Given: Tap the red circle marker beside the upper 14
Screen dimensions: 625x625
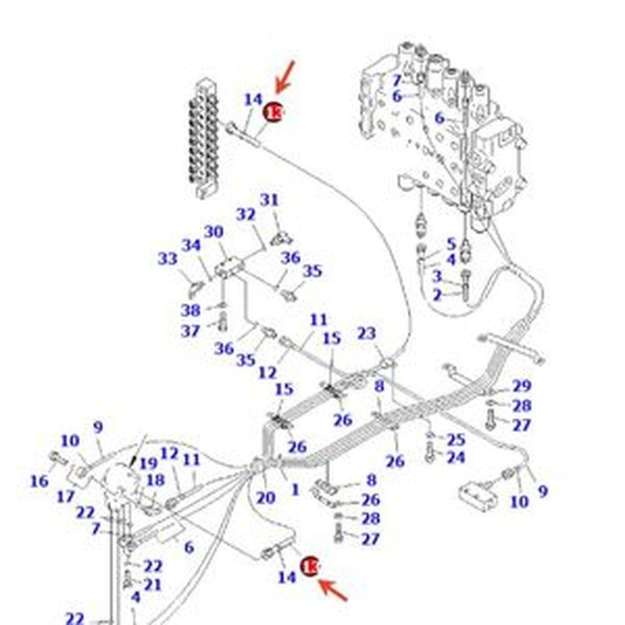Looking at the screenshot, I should (273, 112).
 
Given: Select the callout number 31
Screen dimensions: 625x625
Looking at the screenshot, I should (270, 201).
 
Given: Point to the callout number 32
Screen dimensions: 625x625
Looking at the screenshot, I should (246, 214).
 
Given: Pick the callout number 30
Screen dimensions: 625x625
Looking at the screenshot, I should (214, 231).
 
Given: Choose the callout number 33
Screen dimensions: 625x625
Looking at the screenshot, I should (168, 259).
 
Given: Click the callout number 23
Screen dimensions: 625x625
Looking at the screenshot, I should (366, 334).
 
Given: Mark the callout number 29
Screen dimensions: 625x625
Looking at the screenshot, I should (521, 386).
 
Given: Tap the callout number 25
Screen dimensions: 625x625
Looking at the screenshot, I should (455, 440).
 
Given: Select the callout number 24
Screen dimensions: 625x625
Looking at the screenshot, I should (455, 457).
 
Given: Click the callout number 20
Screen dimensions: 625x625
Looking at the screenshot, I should (266, 498).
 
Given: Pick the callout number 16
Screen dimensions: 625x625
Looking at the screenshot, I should (39, 481).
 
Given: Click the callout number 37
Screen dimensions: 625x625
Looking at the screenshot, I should (191, 330).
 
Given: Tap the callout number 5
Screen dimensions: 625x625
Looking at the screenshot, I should (451, 244).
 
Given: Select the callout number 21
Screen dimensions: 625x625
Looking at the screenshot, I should (152, 584).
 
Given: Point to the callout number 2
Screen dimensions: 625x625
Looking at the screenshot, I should (437, 294).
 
